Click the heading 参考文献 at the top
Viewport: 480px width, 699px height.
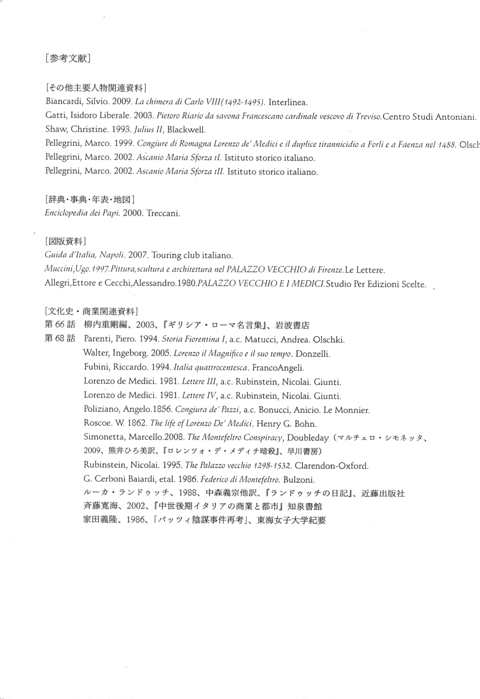pos(67,58)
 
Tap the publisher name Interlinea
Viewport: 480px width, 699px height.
pos(287,102)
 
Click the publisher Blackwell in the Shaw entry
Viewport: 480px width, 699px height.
pos(186,130)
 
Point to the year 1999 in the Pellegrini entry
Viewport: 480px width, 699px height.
pos(124,144)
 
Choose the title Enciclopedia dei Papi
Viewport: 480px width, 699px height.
pos(82,213)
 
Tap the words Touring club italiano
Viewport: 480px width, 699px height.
pos(192,256)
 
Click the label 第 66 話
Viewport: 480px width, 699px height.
pos(60,325)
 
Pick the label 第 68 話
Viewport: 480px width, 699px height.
pos(60,339)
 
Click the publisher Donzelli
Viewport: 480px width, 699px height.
pos(312,354)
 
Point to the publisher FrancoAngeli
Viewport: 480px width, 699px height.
pos(278,368)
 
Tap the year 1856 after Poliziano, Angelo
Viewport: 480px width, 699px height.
pos(162,410)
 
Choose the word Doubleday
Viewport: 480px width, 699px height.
pos(307,438)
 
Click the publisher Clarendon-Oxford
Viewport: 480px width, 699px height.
pos(331,466)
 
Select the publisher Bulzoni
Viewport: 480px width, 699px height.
pos(299,480)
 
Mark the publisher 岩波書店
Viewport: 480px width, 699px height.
pos(293,326)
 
